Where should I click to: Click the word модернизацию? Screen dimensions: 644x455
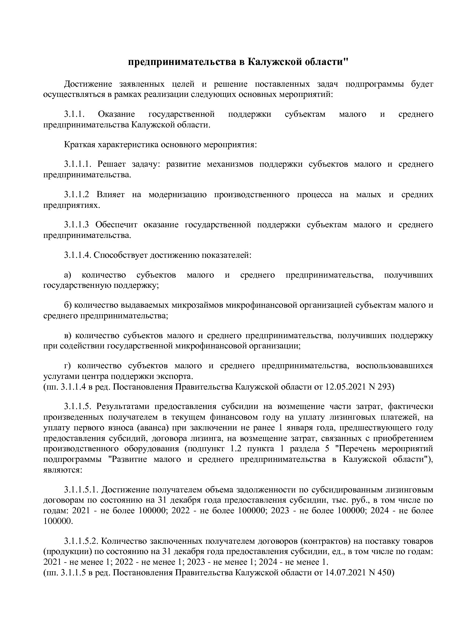pyautogui.click(x=178, y=195)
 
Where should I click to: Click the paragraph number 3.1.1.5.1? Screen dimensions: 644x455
pyautogui.click(x=81, y=490)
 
